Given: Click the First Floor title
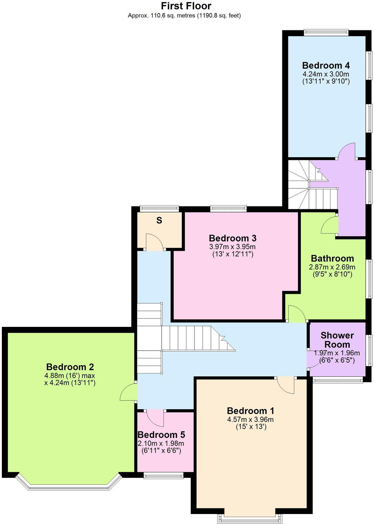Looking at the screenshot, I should coord(186,6).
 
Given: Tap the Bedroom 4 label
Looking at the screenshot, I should coord(326,65).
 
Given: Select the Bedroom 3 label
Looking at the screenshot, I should coord(233,238).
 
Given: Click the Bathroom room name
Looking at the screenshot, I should coord(332,259).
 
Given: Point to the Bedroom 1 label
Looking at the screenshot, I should coord(251,411).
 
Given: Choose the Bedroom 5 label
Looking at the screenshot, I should coord(161,435).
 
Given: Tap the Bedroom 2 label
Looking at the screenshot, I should coord(70,367).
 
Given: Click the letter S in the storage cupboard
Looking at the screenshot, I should coord(159,221).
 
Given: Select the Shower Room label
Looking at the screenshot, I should coord(337,340).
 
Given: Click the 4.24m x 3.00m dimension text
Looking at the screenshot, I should coord(326,74).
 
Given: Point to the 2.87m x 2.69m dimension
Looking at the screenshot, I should coord(332,267).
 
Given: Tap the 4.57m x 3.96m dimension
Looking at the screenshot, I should coord(251,420).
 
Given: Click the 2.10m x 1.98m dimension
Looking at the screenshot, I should coord(161,443).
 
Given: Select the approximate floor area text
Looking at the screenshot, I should coord(184,15).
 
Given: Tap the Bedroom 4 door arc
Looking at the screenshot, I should coord(347,151).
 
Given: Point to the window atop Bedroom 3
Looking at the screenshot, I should coord(228,208).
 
